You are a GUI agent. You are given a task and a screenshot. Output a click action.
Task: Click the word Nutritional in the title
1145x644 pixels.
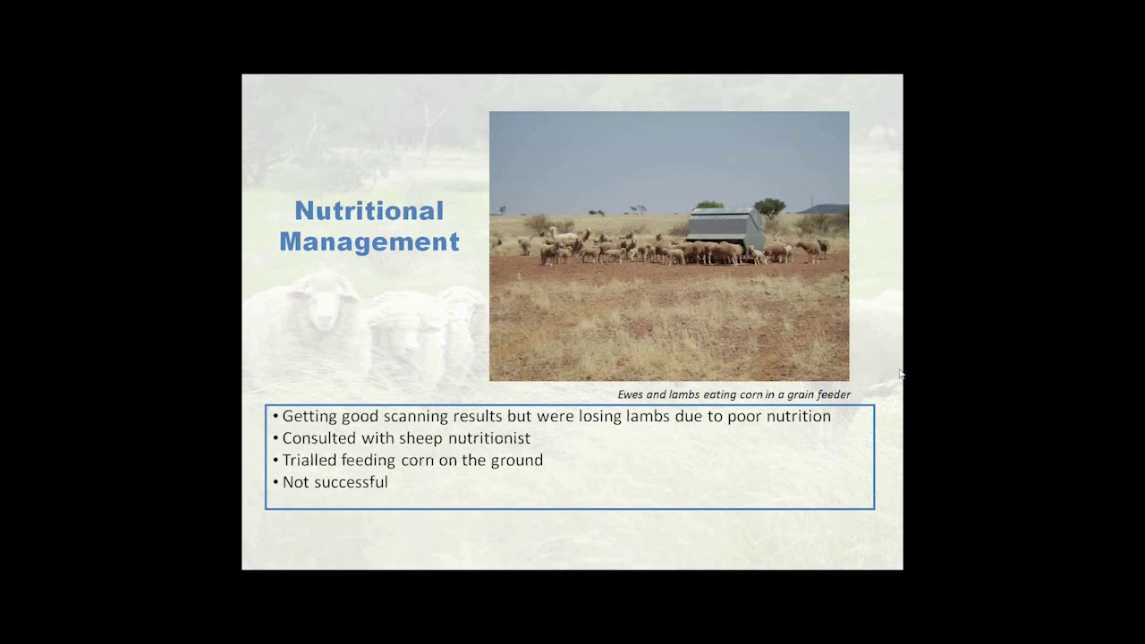[369, 211]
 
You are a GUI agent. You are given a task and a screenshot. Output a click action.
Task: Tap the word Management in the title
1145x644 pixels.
[369, 241]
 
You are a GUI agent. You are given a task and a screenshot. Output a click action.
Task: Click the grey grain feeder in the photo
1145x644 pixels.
[725, 229]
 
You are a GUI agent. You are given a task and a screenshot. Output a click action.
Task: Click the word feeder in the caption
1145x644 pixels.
[833, 394]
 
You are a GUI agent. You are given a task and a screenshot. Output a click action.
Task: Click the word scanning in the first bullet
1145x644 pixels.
[416, 417]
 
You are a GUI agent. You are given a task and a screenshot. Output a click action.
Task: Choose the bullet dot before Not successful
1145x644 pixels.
[276, 483]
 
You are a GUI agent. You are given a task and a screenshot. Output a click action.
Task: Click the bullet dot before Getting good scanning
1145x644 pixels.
[276, 417]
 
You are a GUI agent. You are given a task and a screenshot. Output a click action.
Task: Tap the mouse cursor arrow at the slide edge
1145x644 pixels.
[902, 374]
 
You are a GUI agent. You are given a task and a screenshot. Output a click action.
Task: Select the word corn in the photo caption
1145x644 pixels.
[750, 394]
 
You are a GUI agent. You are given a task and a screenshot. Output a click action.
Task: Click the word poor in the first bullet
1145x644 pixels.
[737, 417]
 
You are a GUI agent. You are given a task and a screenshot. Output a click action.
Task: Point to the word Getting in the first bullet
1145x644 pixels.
[310, 417]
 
